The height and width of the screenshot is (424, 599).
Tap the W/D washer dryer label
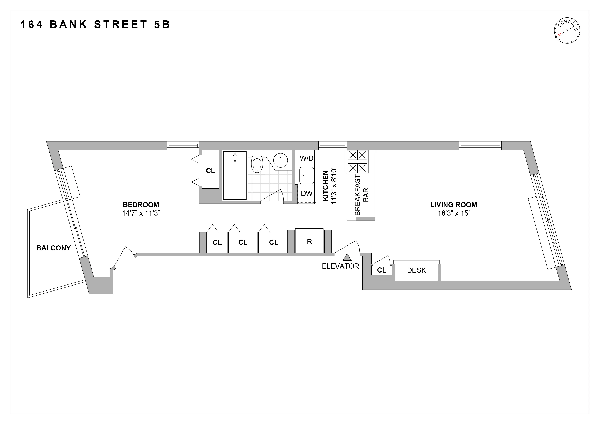[x=307, y=158]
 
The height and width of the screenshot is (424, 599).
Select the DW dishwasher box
[x=307, y=194]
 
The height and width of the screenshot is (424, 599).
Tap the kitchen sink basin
[x=307, y=175]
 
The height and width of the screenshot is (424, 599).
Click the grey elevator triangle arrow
[x=347, y=257]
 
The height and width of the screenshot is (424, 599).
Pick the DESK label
[x=416, y=270]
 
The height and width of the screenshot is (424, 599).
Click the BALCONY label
[x=53, y=248]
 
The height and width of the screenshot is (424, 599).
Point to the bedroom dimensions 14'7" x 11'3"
[x=141, y=213]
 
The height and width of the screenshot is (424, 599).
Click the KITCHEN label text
[x=325, y=186]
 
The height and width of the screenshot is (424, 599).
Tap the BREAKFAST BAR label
[x=362, y=195]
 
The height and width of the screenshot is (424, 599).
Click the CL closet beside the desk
[x=382, y=270]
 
